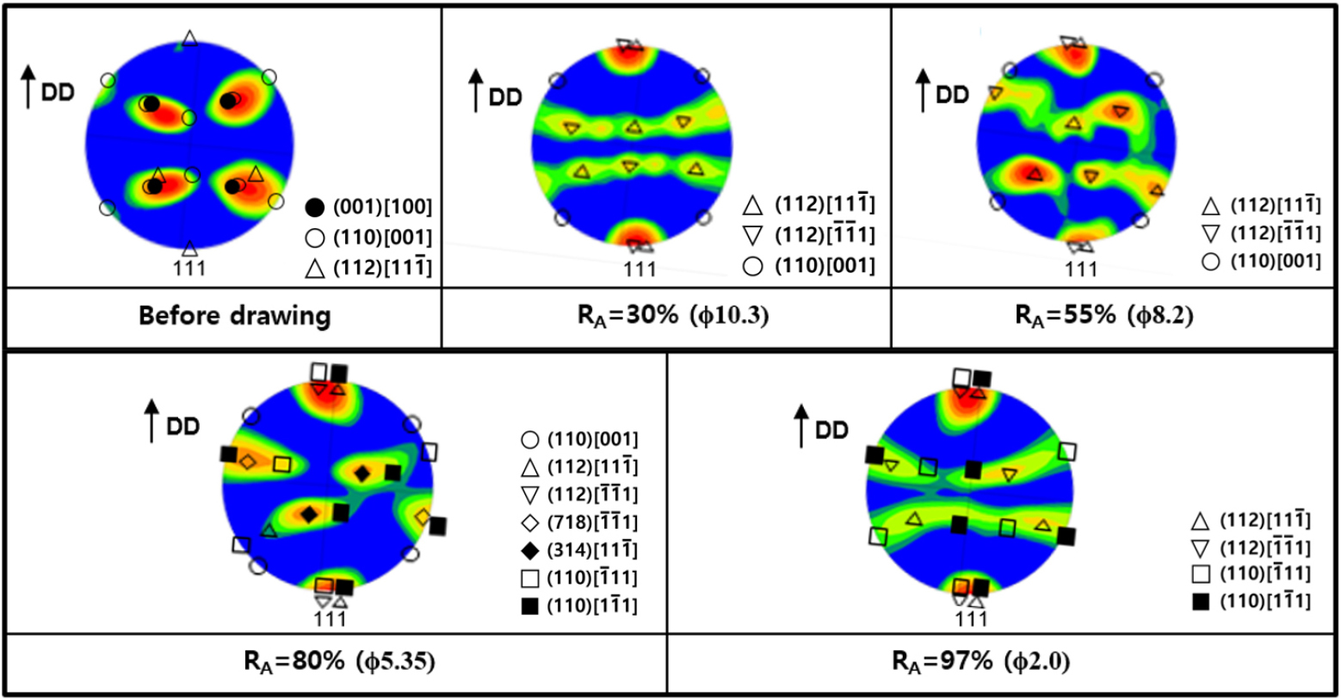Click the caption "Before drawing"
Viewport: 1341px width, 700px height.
(x=234, y=315)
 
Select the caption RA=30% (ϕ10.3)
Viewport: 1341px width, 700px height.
(x=673, y=315)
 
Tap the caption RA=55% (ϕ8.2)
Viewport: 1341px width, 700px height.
(x=1103, y=315)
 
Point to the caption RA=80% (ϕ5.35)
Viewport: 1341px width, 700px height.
(x=337, y=661)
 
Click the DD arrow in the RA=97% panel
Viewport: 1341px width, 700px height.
(x=802, y=426)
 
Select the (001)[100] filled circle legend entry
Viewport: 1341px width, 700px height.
(x=316, y=207)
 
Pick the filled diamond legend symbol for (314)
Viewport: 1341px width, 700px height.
(x=530, y=550)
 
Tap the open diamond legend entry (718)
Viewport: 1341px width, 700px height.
(x=530, y=523)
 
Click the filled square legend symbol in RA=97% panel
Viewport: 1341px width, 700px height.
(x=1200, y=602)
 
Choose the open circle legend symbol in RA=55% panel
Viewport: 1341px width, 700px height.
(x=1211, y=261)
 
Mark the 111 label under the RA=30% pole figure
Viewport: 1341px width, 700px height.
(x=640, y=269)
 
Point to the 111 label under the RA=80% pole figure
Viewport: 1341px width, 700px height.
(x=330, y=618)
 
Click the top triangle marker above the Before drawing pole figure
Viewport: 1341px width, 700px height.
(x=189, y=38)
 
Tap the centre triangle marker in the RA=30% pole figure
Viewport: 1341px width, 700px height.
(x=633, y=127)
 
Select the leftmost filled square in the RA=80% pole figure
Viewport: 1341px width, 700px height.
(x=228, y=454)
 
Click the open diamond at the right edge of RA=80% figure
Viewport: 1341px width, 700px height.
(x=422, y=517)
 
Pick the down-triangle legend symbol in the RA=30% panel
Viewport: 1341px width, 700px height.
(x=753, y=235)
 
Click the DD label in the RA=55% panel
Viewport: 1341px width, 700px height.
(x=952, y=95)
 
